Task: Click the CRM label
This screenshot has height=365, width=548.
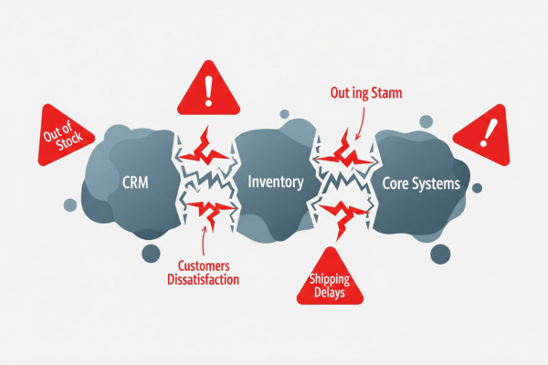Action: tap(134, 182)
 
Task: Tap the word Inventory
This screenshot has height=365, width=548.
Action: tap(276, 182)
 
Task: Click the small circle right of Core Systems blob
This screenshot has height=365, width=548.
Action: tap(477, 188)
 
